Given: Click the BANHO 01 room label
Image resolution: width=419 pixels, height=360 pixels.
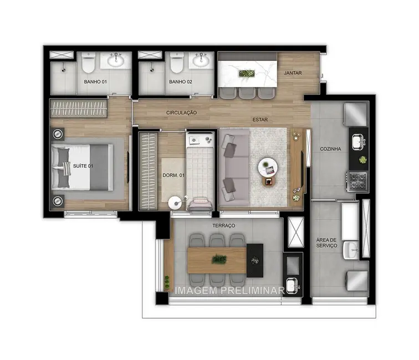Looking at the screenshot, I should click(x=95, y=82).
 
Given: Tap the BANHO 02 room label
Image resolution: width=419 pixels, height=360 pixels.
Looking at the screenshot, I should click(x=180, y=82).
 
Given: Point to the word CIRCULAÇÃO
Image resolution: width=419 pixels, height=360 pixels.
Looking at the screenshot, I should click(x=181, y=112).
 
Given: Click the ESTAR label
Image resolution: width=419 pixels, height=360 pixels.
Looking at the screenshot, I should click(x=260, y=118).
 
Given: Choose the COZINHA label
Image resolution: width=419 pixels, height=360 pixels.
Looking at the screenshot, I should click(x=330, y=149).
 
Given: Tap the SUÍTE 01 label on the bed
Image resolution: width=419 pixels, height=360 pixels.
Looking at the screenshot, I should click(x=84, y=166).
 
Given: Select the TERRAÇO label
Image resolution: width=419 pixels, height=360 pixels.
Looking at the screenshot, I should click(x=223, y=226).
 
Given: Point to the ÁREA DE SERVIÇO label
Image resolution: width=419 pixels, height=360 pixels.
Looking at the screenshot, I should click(x=326, y=242).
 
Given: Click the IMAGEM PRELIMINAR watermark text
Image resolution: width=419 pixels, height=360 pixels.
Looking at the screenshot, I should click(x=229, y=290).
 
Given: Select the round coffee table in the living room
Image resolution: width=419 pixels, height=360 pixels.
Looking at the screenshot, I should click(x=269, y=164).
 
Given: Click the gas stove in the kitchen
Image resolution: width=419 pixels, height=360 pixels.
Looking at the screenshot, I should click(x=355, y=180).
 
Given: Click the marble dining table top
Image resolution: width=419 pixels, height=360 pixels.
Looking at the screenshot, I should click(x=247, y=72).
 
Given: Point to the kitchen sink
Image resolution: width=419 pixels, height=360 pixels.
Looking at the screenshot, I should click(x=357, y=141).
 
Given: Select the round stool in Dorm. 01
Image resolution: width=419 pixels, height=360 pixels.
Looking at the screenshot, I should click(x=175, y=203).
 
